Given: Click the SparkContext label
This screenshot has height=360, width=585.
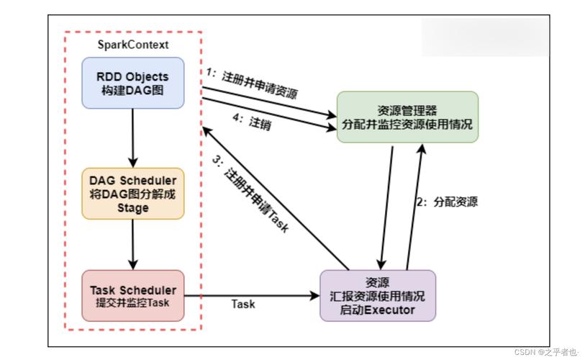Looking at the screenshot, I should (x=133, y=45).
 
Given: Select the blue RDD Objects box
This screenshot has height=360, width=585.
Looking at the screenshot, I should (x=133, y=83).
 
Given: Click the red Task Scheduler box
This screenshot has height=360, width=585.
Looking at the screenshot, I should (x=133, y=296).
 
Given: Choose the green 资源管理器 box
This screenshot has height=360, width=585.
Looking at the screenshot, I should (x=408, y=117).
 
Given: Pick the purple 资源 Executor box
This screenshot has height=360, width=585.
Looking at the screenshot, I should (x=377, y=295).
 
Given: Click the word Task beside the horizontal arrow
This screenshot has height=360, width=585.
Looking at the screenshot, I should (x=243, y=304).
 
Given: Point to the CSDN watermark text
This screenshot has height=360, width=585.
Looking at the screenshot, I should (x=547, y=352).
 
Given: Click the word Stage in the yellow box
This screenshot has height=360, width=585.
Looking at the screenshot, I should (x=133, y=208).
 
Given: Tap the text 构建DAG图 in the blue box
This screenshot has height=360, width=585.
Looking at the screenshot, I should (x=133, y=90).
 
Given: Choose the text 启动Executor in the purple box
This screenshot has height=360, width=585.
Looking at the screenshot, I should (x=377, y=310).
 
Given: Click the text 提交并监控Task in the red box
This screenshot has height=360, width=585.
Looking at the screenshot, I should (x=133, y=303).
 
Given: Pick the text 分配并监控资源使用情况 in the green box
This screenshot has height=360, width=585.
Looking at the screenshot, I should (x=408, y=124).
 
